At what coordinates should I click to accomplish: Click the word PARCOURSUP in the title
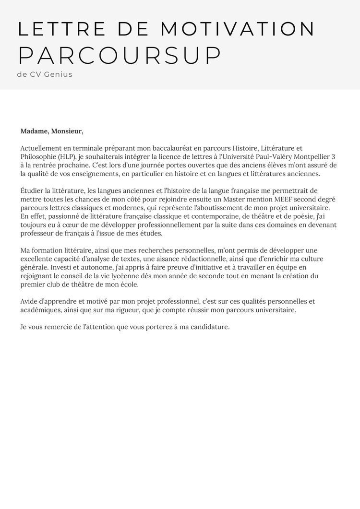120,56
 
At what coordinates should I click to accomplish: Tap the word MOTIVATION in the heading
238,29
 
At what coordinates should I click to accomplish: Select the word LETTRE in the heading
61,29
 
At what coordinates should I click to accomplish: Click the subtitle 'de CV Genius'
45,75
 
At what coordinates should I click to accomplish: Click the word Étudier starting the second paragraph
32,191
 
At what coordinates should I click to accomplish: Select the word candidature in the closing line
210,327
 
